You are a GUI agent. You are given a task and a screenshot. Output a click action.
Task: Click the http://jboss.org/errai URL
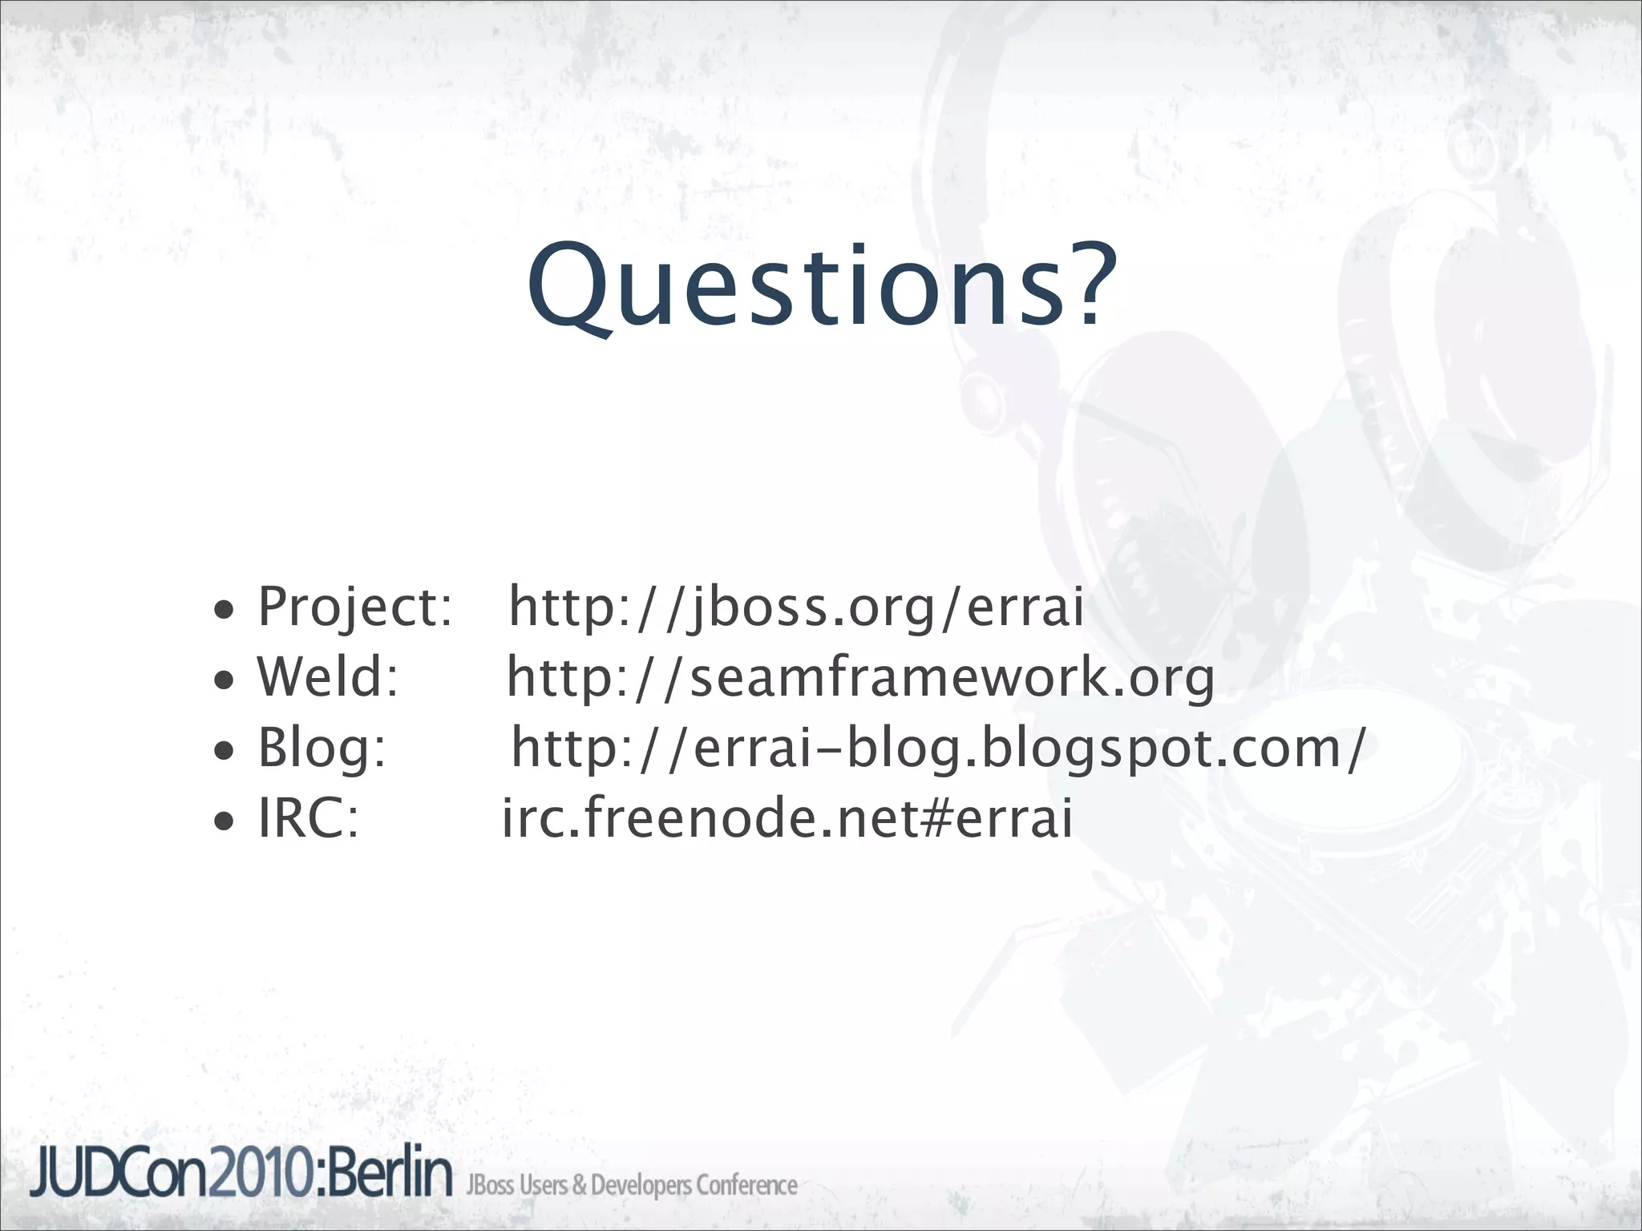(x=796, y=607)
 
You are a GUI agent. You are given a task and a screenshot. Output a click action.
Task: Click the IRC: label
(x=308, y=818)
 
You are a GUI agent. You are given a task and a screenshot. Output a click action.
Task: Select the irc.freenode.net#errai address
(x=787, y=818)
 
